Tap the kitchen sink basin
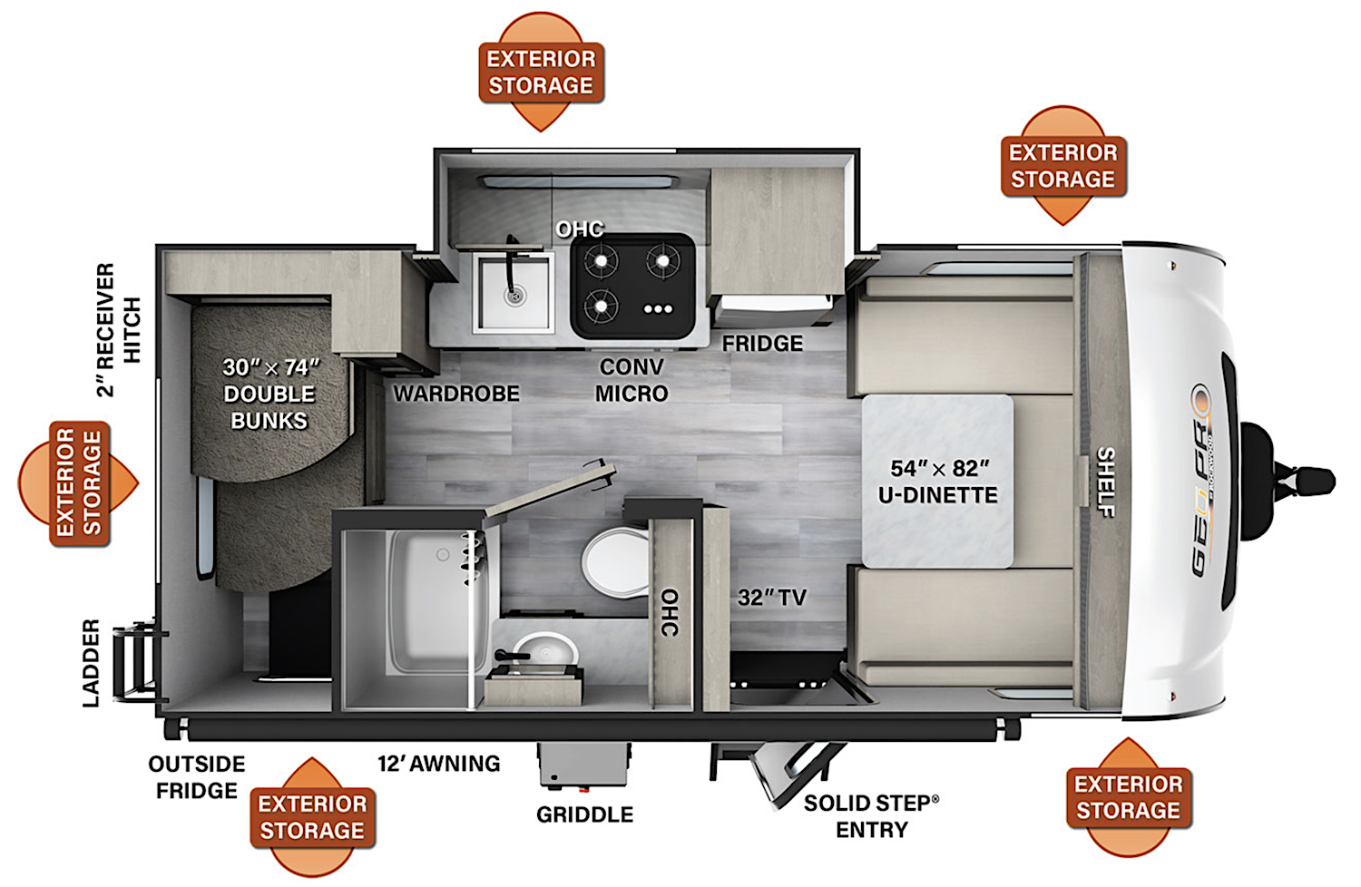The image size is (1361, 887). click(514, 292)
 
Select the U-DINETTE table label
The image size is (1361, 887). click(937, 482)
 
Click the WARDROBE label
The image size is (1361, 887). click(456, 394)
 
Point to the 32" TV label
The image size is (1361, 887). click(771, 598)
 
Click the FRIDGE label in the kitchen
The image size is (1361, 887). click(762, 344)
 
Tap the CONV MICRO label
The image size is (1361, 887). click(632, 381)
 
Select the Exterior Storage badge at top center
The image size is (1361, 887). click(541, 72)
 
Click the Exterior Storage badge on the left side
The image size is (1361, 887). click(79, 483)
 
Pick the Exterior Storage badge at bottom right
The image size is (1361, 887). click(1128, 797)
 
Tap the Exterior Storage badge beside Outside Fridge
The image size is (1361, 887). click(312, 817)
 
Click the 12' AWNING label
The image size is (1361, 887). click(439, 764)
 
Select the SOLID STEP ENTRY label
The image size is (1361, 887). click(871, 816)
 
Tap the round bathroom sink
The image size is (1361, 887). click(545, 652)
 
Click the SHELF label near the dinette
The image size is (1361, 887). click(1106, 482)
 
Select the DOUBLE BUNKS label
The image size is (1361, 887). click(269, 394)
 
